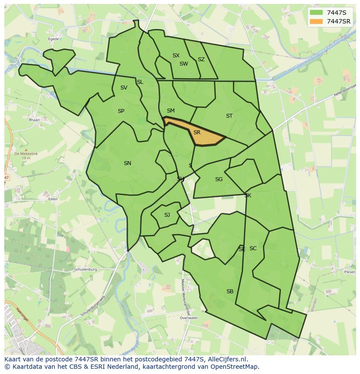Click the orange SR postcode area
click(204, 136)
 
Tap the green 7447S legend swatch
click(317, 13)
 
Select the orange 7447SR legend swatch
click(317, 21)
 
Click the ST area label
click(229, 116)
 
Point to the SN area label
click(127, 163)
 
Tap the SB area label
click(230, 291)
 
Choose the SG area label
click(219, 179)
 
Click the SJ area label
click(167, 215)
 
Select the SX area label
click(176, 56)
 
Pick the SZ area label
click(201, 60)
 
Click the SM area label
click(170, 111)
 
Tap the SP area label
click(121, 111)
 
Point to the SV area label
click(124, 88)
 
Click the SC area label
click(253, 248)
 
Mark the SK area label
click(248, 195)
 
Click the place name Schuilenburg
click(85, 269)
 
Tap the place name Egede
click(53, 39)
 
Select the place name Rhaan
click(34, 120)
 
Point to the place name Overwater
click(189, 318)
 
